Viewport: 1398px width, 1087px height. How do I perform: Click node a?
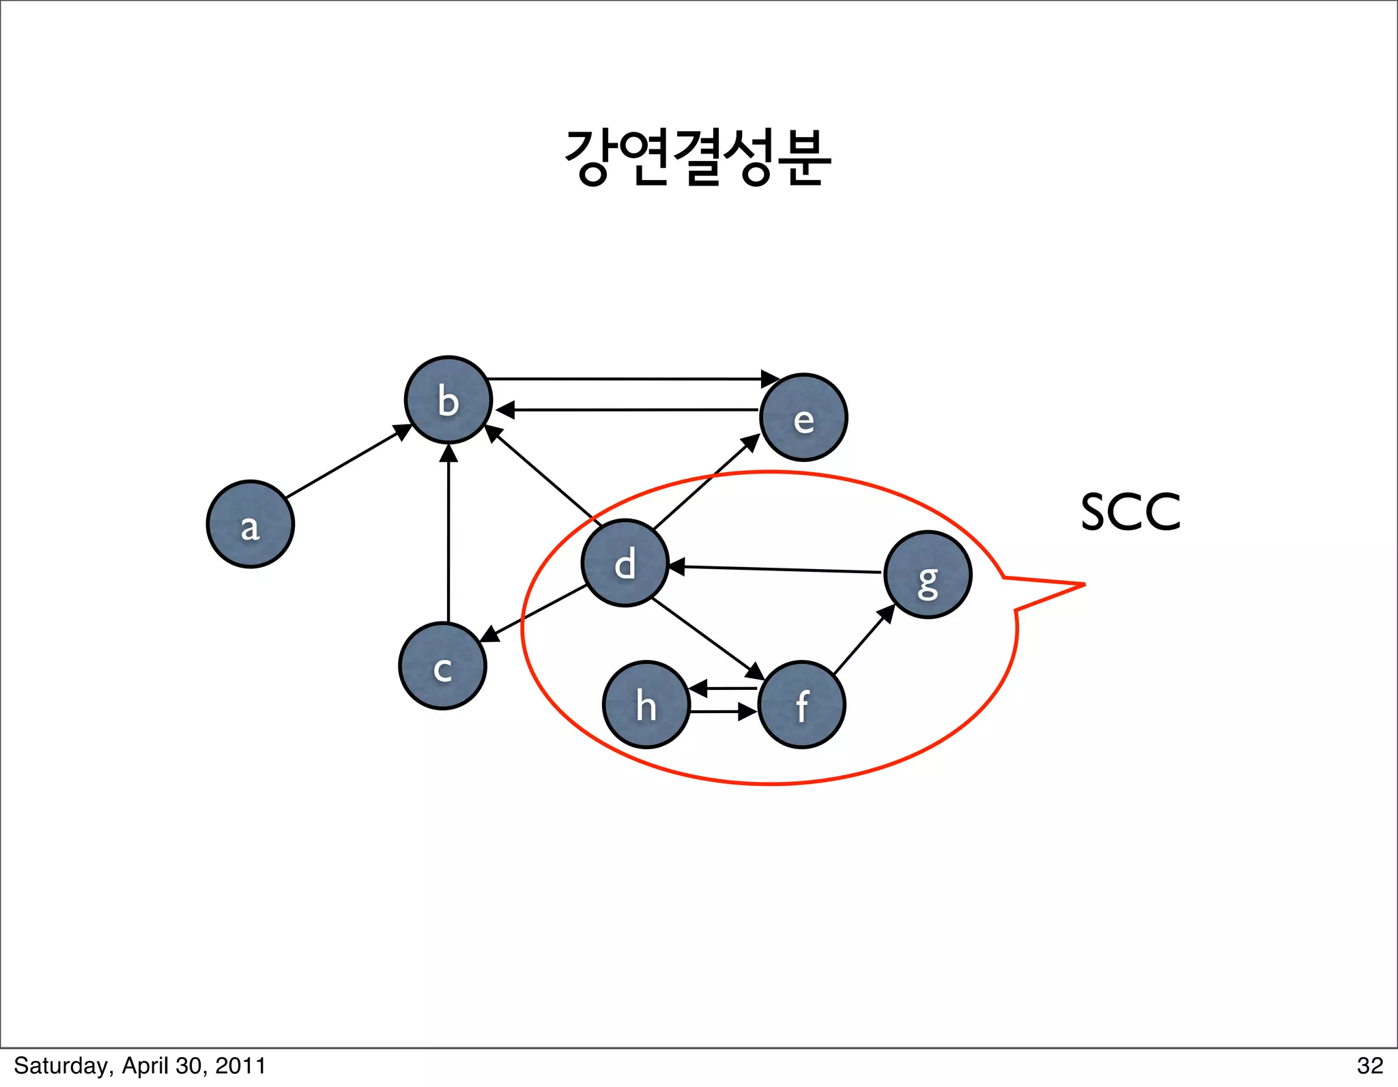click(x=251, y=524)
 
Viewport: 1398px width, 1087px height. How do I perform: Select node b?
click(x=448, y=400)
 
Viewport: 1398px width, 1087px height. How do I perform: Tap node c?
click(x=442, y=666)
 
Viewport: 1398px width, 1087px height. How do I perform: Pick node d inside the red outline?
click(x=625, y=563)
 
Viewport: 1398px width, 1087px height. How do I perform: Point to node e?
click(x=803, y=418)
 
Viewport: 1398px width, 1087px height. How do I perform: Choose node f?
click(x=801, y=705)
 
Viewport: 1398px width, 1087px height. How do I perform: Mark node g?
click(x=928, y=575)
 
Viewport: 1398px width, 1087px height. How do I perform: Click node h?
click(x=646, y=705)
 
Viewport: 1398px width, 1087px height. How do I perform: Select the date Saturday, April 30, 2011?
click(x=140, y=1066)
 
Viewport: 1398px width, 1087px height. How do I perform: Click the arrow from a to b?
click(x=348, y=461)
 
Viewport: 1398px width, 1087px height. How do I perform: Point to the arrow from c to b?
click(x=448, y=532)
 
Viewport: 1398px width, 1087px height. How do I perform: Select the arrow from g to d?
click(x=775, y=569)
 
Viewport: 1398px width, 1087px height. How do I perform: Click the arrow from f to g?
click(x=864, y=639)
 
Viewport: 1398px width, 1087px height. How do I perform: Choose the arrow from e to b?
click(x=628, y=409)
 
